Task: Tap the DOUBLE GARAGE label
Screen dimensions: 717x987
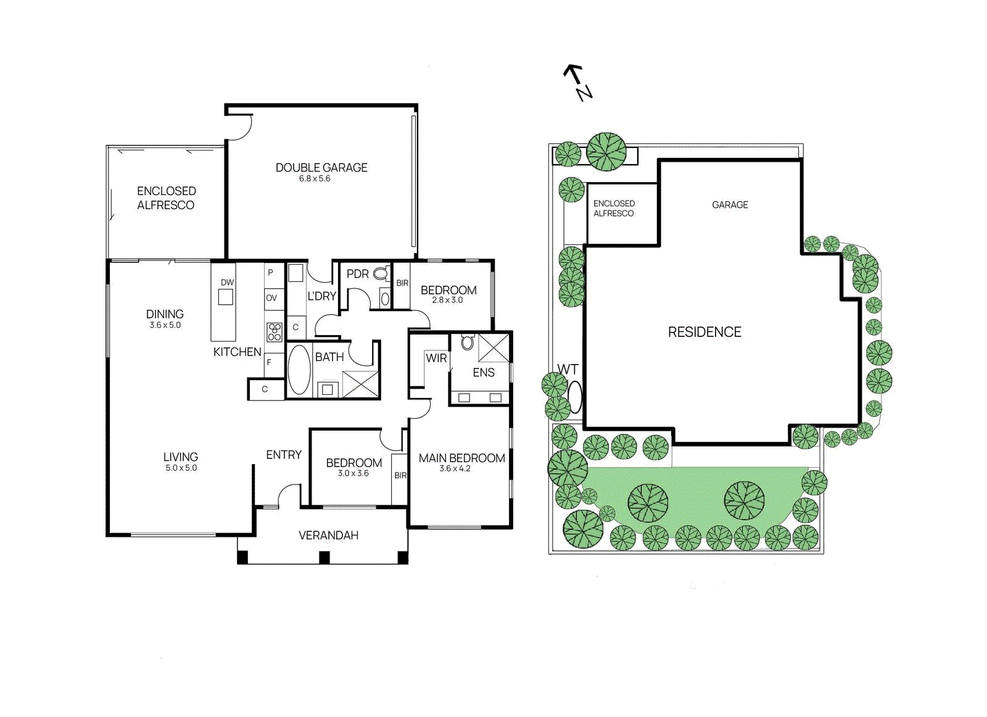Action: tap(321, 167)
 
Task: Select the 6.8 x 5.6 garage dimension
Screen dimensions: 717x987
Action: tap(315, 179)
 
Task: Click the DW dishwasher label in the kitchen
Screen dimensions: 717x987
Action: tap(227, 282)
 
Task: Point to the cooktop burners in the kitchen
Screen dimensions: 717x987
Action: tap(275, 332)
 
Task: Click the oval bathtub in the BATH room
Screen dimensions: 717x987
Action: tap(299, 370)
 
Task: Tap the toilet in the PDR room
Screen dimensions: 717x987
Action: tap(381, 273)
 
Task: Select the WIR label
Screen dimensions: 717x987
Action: tap(436, 358)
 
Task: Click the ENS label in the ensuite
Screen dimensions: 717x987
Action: tap(484, 372)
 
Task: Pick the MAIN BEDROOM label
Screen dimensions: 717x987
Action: tap(461, 458)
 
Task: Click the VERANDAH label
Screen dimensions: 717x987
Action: tap(328, 535)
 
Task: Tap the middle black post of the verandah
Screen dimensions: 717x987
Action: tap(324, 558)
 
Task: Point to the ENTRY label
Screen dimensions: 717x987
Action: tap(284, 455)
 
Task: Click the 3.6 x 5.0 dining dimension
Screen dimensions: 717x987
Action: tap(165, 325)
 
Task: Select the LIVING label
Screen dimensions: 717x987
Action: tap(181, 457)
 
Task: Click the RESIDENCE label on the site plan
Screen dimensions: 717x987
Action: tap(704, 332)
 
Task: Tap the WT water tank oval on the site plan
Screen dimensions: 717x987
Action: tap(574, 397)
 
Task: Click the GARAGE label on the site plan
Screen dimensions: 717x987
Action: tap(730, 205)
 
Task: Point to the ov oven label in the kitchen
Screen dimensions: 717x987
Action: tap(271, 298)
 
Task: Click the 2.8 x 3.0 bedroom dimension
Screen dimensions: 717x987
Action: tap(447, 300)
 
